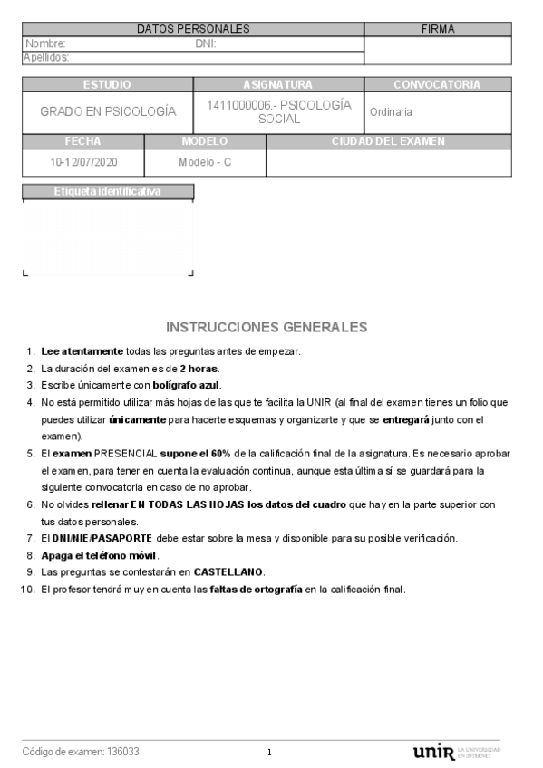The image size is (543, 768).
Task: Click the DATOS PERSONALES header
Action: [x=193, y=29]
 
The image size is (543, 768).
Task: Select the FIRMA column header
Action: [x=439, y=29]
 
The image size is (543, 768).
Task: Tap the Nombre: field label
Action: [x=45, y=43]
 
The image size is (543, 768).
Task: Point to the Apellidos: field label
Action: [x=48, y=57]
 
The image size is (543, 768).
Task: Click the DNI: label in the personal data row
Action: [x=205, y=43]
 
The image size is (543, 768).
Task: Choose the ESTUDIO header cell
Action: [x=107, y=85]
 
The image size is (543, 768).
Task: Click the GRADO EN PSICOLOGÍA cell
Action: [x=107, y=112]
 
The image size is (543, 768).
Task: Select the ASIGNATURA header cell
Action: [x=278, y=85]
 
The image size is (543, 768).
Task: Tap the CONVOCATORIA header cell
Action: [x=437, y=85]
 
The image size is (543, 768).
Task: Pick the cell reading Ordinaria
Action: [x=391, y=112]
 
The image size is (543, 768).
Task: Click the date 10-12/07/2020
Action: [x=83, y=163]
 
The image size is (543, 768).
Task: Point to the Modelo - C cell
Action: [x=205, y=163]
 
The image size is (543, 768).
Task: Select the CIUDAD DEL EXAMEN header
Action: [x=388, y=141]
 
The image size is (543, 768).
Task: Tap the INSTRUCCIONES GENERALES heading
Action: [x=267, y=326]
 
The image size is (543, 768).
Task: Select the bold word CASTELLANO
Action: [x=227, y=572]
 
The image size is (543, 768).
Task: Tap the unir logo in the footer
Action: [x=433, y=752]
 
